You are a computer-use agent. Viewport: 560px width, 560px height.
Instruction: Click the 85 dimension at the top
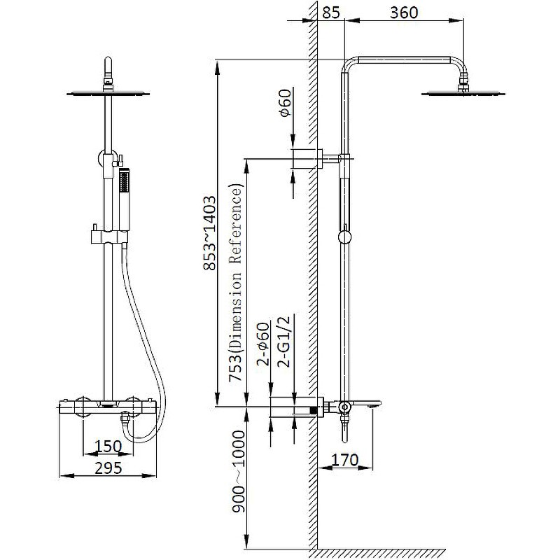(331, 12)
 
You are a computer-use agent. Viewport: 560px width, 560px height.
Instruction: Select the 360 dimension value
(404, 12)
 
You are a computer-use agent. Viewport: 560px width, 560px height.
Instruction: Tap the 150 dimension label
(108, 447)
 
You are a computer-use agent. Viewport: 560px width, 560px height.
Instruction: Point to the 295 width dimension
(108, 468)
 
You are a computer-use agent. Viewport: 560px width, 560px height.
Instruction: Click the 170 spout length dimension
(345, 460)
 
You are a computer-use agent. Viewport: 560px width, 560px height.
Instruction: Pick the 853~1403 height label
(209, 232)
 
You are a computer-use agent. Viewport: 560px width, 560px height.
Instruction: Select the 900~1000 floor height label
(239, 471)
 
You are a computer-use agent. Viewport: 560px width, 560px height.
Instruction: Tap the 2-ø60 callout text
(263, 344)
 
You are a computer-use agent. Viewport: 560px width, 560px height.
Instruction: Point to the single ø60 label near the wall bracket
(286, 103)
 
